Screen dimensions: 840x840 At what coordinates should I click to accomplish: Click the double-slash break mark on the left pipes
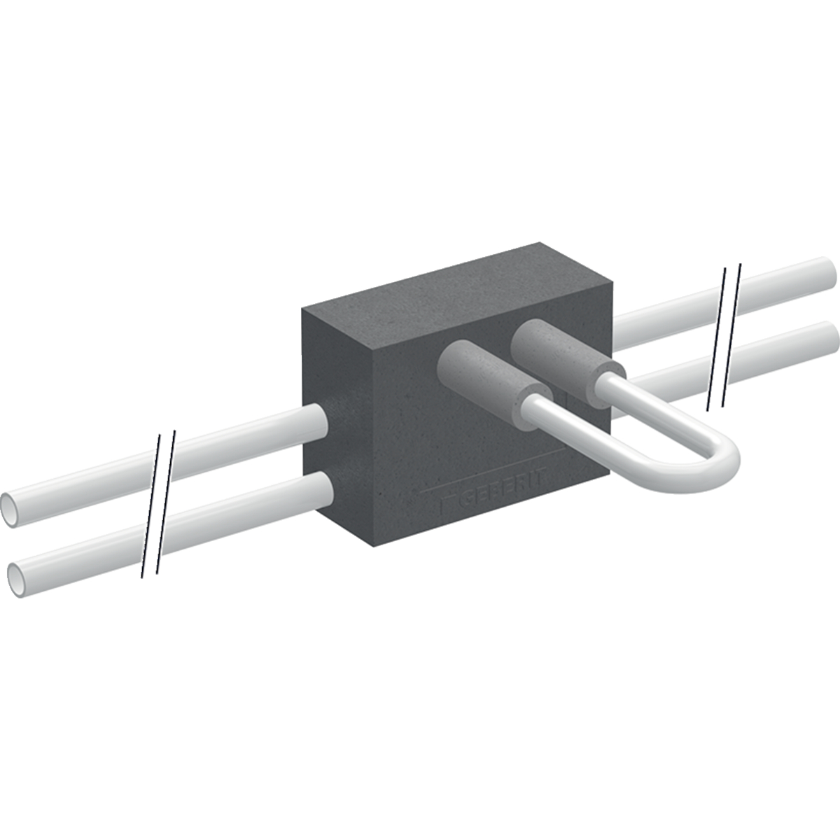[x=158, y=504]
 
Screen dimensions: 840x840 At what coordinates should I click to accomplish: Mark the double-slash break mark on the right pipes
[x=724, y=336]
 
